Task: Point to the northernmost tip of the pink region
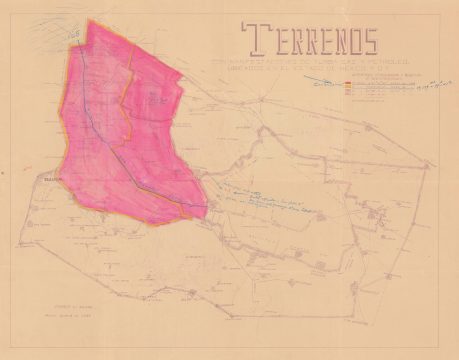(x=98, y=19)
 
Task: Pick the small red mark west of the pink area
(x=19, y=170)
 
